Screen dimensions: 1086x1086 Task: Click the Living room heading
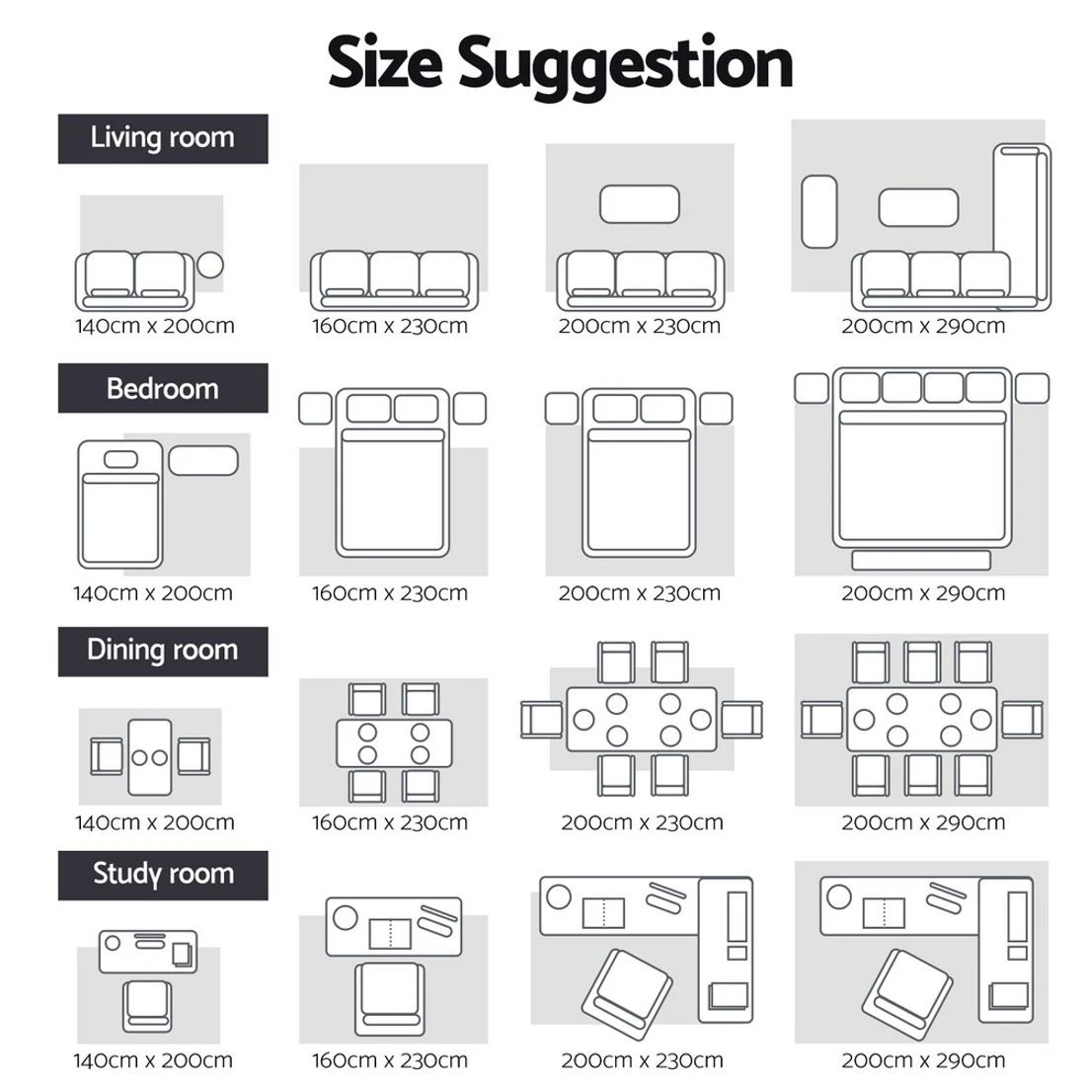click(x=163, y=138)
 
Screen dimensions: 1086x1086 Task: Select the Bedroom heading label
click(x=163, y=389)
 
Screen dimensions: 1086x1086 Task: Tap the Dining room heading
click(x=163, y=651)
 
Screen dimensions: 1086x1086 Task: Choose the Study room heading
click(x=164, y=874)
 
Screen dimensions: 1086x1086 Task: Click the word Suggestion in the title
click(x=625, y=66)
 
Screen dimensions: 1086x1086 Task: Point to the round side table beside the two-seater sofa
click(x=210, y=265)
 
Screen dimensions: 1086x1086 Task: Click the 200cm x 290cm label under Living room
click(x=923, y=326)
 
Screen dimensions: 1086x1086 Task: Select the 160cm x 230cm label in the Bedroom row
click(x=390, y=593)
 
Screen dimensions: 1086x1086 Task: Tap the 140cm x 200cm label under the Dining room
click(x=154, y=822)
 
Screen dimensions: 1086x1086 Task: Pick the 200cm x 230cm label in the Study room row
click(x=642, y=1059)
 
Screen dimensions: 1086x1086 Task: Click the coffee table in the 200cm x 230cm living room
click(x=640, y=204)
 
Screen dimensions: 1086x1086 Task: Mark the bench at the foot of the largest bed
click(x=921, y=561)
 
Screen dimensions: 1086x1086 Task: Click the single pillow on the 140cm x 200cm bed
click(x=120, y=459)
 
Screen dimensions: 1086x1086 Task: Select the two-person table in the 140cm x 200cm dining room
click(x=150, y=757)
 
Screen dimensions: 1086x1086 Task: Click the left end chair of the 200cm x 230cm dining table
click(x=542, y=720)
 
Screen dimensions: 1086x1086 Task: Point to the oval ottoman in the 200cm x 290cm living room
click(x=819, y=211)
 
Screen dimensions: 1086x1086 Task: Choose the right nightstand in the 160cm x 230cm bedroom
click(x=470, y=409)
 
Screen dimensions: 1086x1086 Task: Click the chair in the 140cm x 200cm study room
click(x=147, y=1006)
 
